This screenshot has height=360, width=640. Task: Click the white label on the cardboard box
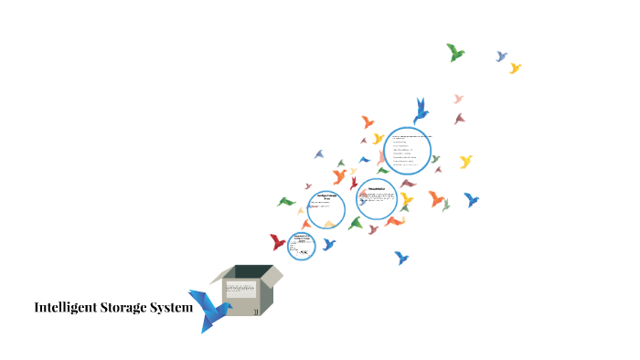241,288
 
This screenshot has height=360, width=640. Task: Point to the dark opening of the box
245,271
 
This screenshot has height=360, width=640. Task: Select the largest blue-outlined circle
408,150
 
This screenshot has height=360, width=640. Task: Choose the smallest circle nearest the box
302,245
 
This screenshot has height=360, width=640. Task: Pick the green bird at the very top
455,52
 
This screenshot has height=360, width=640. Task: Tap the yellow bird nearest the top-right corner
515,68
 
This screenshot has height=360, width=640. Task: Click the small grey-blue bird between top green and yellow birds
501,57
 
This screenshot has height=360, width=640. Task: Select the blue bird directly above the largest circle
421,111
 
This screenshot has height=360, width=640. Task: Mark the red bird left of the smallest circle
278,242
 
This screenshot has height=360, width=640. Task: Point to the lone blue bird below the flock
400,258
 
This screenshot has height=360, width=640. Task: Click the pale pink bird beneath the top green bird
458,99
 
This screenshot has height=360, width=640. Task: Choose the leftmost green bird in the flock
286,201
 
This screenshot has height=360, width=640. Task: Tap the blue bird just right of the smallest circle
328,244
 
